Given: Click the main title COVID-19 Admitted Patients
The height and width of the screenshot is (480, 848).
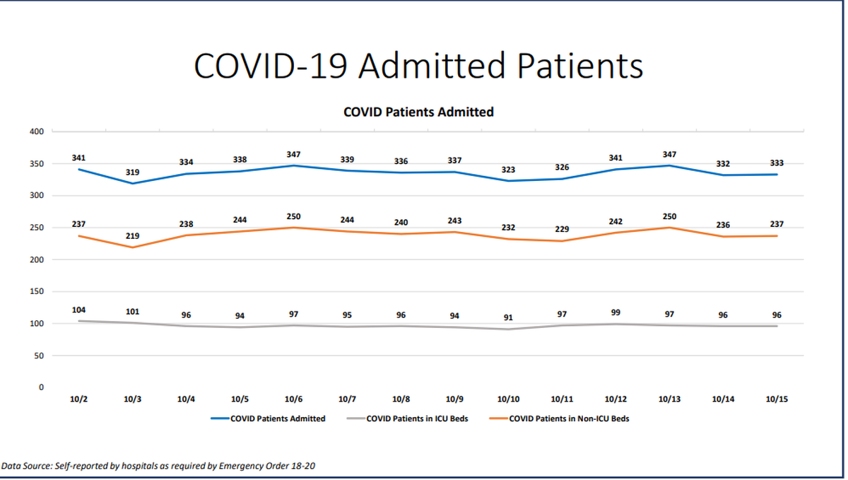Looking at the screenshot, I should (418, 66).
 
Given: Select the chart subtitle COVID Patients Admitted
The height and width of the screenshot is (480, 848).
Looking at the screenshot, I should (418, 112).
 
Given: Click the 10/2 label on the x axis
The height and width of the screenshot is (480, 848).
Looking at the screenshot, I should (79, 399).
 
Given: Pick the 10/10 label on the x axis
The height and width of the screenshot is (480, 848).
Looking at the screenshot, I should (508, 399).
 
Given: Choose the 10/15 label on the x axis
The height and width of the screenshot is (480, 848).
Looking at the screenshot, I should (777, 399).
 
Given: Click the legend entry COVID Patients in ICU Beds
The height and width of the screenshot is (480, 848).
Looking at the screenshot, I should (417, 418).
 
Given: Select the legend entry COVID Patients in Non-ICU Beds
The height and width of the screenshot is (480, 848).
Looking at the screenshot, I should (569, 418).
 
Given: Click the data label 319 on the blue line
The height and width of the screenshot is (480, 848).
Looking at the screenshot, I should (133, 172).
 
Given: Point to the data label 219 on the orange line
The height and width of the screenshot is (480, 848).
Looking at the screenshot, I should (133, 236).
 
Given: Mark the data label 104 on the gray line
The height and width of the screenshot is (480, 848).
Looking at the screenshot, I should (79, 310).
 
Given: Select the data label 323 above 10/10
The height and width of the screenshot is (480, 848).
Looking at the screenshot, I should (508, 170).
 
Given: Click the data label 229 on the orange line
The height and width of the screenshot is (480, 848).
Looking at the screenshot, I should (562, 229).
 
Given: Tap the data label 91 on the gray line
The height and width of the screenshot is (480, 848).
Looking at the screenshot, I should (508, 317).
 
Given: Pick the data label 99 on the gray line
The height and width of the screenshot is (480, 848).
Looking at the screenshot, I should (616, 312).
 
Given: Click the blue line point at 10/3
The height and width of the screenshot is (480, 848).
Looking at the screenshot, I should (133, 183).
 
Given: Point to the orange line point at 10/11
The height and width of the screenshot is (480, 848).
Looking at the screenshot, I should (562, 241).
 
